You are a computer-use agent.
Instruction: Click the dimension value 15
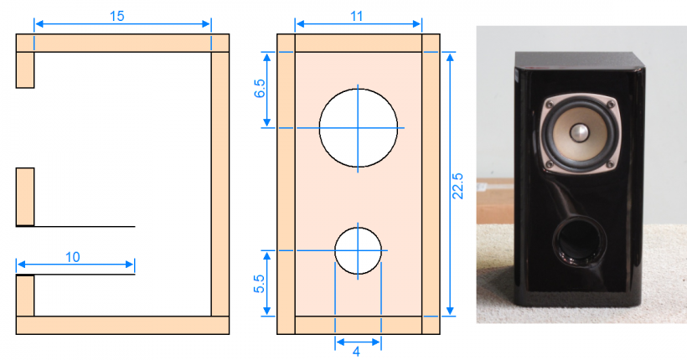pyautogui.click(x=117, y=16)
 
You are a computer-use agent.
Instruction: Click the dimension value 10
pyautogui.click(x=73, y=257)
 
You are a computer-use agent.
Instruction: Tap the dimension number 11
pyautogui.click(x=357, y=16)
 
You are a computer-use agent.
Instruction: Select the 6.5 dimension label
pyautogui.click(x=260, y=89)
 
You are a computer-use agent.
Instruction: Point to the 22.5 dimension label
pyautogui.click(x=457, y=186)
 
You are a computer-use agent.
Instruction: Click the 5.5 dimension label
pyautogui.click(x=260, y=284)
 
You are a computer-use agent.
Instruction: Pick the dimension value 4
pyautogui.click(x=356, y=352)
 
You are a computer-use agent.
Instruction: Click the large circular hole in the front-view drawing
pyautogui.click(x=359, y=128)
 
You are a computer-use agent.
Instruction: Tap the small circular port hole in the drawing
pyautogui.click(x=358, y=251)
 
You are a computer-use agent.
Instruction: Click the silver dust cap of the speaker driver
pyautogui.click(x=579, y=133)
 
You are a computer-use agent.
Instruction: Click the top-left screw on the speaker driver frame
pyautogui.click(x=550, y=105)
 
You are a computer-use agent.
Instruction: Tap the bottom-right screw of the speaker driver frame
pyautogui.click(x=609, y=164)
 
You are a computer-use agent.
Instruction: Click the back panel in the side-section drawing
pyautogui.click(x=220, y=184)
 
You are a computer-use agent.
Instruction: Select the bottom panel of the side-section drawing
pyautogui.click(x=122, y=326)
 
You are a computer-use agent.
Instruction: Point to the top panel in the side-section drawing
pyautogui.click(x=122, y=43)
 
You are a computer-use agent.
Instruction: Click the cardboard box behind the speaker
pyautogui.click(x=495, y=201)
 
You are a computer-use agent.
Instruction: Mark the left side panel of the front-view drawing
pyautogui.click(x=286, y=184)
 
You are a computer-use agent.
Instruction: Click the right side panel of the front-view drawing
pyautogui.click(x=431, y=184)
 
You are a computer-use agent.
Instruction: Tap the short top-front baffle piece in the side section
pyautogui.click(x=25, y=69)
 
